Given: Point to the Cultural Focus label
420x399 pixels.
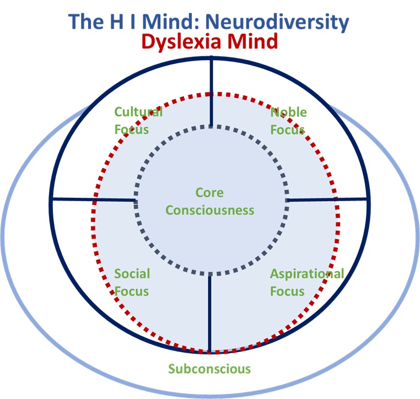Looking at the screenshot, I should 138,121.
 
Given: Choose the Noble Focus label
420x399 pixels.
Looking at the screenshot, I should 288,121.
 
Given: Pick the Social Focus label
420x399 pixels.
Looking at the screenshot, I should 132,282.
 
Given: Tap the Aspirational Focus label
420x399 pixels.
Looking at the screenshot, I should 306,282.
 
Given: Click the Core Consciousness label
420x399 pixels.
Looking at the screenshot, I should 210,201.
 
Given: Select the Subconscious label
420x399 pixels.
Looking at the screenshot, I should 209,369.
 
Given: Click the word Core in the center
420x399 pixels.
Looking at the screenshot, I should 210,192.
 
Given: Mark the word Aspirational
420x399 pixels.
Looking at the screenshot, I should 306,274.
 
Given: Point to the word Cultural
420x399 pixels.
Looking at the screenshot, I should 138,112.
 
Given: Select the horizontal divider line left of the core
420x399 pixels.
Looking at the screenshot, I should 94,199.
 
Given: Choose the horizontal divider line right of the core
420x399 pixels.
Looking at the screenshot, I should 328,199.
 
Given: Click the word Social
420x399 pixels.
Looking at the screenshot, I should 132,274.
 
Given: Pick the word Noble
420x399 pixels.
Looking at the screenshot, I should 288,112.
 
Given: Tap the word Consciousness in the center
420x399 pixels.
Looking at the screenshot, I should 210,210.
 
